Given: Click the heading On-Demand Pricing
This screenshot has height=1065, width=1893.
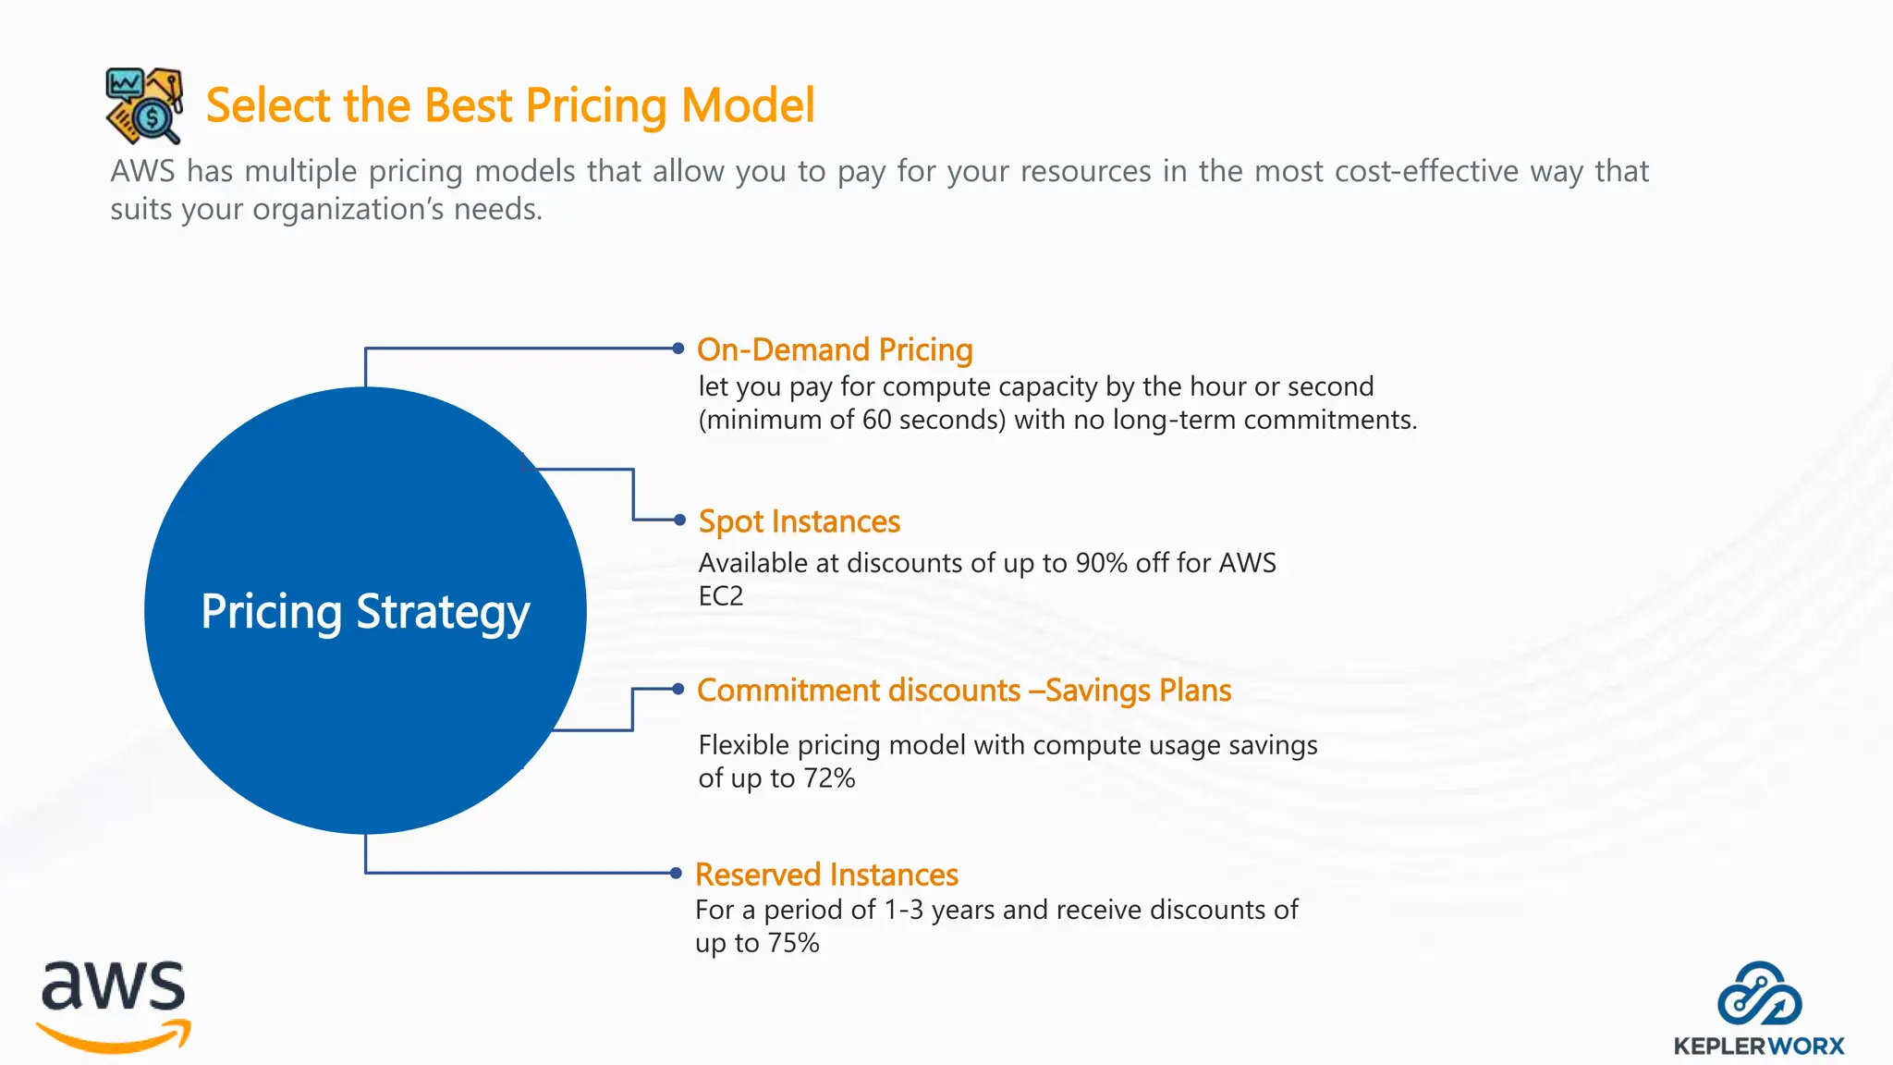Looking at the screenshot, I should [834, 350].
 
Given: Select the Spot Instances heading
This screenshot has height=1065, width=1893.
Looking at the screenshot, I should [799, 521].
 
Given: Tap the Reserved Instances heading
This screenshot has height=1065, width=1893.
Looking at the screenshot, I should [826, 875].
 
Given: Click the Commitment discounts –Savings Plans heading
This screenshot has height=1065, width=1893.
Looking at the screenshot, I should [963, 691].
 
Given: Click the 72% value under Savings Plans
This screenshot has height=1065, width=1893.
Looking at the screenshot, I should [828, 778].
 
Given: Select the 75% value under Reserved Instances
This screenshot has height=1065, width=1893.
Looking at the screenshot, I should [793, 943].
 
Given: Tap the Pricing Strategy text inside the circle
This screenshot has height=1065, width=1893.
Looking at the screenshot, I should [365, 612].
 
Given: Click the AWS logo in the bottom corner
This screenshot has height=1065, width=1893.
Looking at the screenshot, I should [114, 1006].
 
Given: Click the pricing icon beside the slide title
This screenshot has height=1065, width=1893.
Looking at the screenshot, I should [144, 105].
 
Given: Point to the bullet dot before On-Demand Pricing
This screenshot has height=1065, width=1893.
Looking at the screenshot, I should [678, 349].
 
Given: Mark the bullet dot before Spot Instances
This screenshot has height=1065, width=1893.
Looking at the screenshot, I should [679, 520].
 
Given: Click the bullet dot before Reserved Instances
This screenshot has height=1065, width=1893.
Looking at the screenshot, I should [676, 873].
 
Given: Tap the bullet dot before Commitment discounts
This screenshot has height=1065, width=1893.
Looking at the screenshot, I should [678, 689].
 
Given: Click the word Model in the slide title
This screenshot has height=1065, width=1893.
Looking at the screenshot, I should [747, 105].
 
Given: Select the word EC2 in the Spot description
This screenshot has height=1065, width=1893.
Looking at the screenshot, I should [720, 596].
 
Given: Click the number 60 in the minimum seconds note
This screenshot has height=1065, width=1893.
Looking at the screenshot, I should [876, 420].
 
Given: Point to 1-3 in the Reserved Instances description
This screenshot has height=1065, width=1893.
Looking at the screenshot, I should [903, 910].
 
